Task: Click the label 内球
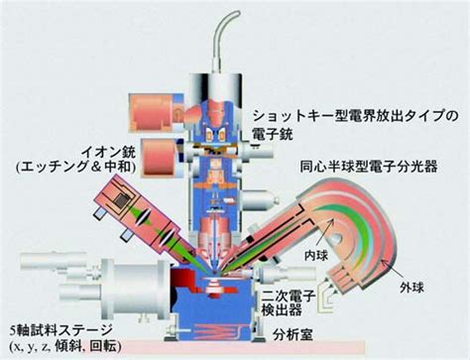[x=316, y=255]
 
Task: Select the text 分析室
[x=293, y=335]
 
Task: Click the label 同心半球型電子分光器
[x=369, y=167]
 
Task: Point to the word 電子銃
[x=272, y=134]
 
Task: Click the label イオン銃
[x=109, y=153]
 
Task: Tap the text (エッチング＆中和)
[x=76, y=167]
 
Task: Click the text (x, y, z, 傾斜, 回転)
[x=65, y=346]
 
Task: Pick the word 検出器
[x=282, y=309]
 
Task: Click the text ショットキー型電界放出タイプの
[x=356, y=117]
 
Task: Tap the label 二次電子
[x=290, y=296]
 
